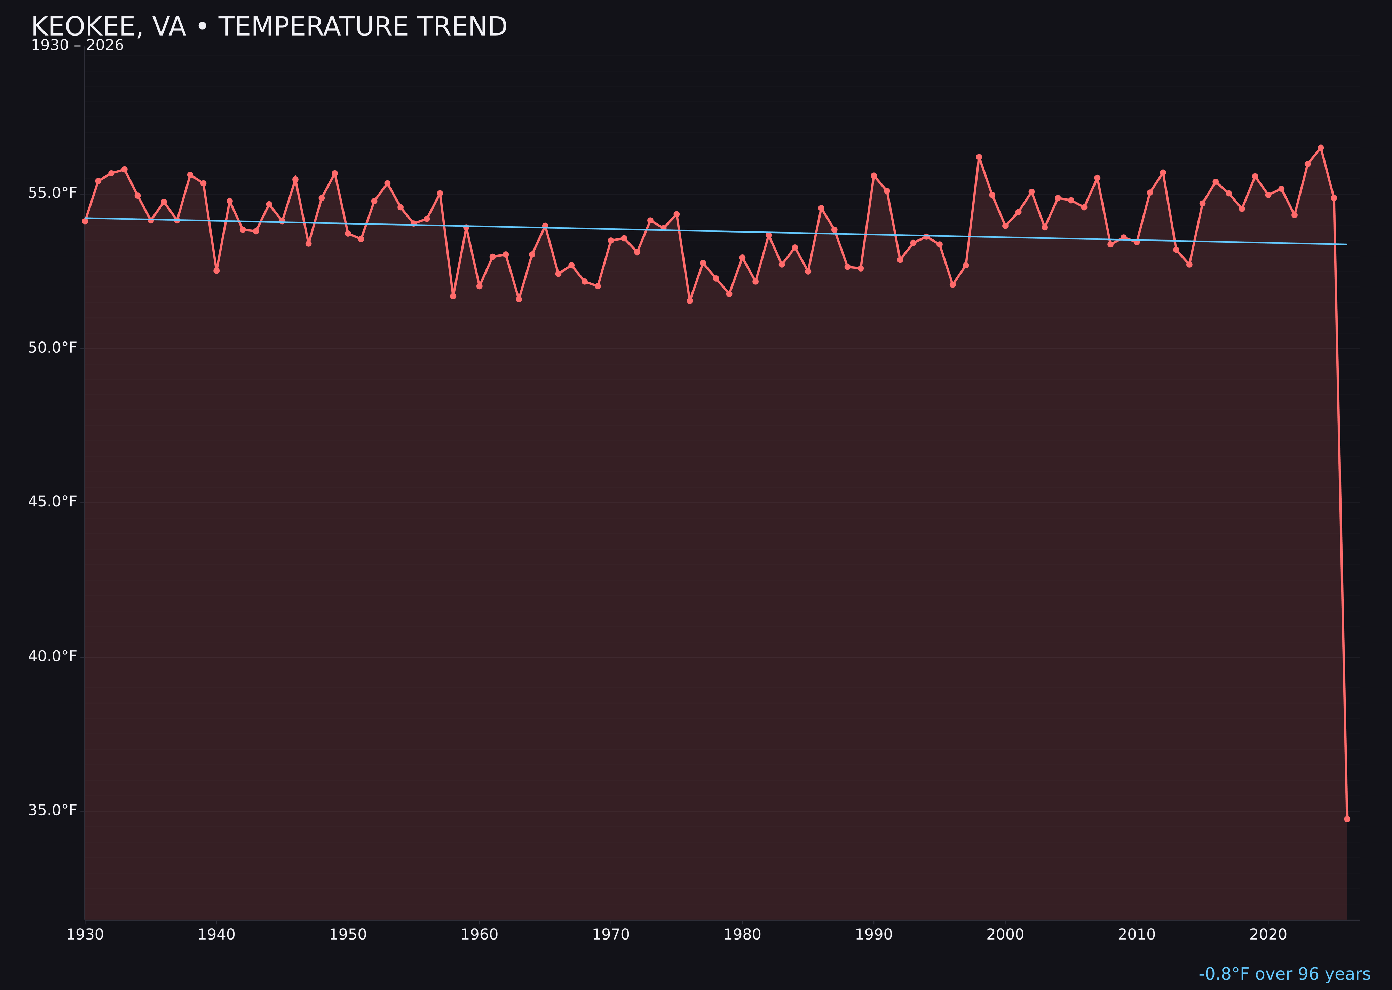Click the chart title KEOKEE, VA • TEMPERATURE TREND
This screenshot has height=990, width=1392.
pyautogui.click(x=269, y=27)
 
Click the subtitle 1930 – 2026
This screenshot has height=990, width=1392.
pyautogui.click(x=77, y=46)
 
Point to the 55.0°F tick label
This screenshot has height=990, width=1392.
pyautogui.click(x=53, y=193)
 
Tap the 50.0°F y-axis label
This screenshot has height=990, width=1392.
pyautogui.click(x=53, y=347)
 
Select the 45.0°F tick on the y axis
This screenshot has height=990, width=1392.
pyautogui.click(x=53, y=502)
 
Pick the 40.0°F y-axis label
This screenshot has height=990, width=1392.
pyautogui.click(x=53, y=656)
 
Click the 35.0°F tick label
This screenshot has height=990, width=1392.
pyautogui.click(x=53, y=810)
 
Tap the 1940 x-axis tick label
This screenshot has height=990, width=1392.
pyautogui.click(x=216, y=935)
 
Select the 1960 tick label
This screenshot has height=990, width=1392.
pyautogui.click(x=479, y=935)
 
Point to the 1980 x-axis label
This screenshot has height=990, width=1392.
pyautogui.click(x=742, y=935)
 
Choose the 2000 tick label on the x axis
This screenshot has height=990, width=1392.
pyautogui.click(x=1005, y=935)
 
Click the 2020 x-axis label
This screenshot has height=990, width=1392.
pyautogui.click(x=1268, y=935)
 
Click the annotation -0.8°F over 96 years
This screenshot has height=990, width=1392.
pyautogui.click(x=1284, y=974)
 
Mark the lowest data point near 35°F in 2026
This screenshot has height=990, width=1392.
pyautogui.click(x=1347, y=819)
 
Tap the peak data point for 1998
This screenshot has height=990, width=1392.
pyautogui.click(x=979, y=157)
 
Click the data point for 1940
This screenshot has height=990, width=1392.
pyautogui.click(x=216, y=270)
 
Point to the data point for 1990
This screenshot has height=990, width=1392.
pyautogui.click(x=873, y=175)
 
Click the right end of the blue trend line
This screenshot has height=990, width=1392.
pyautogui.click(x=1346, y=244)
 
